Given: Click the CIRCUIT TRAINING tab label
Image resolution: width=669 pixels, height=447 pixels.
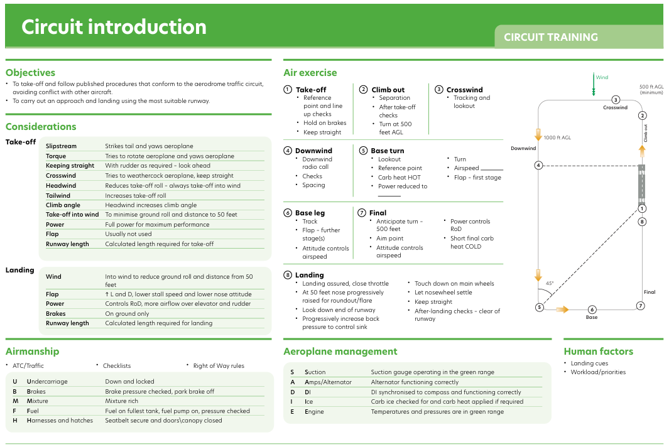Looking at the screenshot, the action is click(x=551, y=37).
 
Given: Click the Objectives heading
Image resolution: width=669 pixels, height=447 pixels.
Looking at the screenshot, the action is click(x=30, y=72).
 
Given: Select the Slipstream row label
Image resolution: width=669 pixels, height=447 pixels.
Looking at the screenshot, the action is click(x=61, y=146).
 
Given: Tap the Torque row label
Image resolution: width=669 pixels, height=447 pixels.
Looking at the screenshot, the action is click(x=56, y=156).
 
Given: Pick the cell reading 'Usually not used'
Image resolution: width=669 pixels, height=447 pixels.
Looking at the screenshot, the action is click(x=128, y=234).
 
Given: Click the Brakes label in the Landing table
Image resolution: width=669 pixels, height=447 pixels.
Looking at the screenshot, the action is click(x=55, y=313).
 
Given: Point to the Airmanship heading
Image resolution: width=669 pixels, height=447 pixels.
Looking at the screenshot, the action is click(x=33, y=352).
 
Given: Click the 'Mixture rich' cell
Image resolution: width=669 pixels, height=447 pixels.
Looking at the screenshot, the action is click(x=122, y=401).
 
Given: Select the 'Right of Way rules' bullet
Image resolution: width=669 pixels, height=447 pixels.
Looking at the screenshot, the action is click(x=219, y=365).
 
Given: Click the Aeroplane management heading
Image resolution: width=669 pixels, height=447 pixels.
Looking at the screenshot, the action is click(x=340, y=352).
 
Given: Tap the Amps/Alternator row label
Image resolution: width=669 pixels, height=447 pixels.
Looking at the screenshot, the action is click(x=328, y=382).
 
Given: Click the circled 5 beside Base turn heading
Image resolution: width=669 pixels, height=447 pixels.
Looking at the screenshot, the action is click(x=363, y=151).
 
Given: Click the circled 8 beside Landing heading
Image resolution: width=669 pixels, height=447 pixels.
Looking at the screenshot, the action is click(x=288, y=275).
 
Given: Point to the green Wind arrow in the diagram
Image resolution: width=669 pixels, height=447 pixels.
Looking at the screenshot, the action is click(x=594, y=84).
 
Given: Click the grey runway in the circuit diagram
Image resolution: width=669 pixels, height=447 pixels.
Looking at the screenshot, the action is click(x=642, y=184).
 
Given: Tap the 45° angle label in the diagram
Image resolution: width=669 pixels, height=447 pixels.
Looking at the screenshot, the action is click(x=550, y=283).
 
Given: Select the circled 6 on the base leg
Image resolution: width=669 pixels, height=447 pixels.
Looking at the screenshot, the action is click(x=592, y=310).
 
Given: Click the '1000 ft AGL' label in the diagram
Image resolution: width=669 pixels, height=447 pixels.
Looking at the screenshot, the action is click(x=557, y=137).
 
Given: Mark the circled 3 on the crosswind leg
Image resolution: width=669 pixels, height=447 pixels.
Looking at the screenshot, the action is click(x=616, y=100).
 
